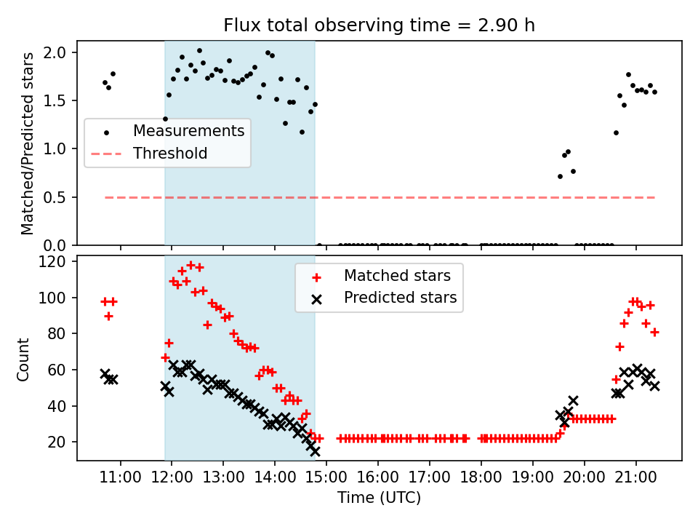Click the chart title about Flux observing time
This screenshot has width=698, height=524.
pyautogui.click(x=379, y=25)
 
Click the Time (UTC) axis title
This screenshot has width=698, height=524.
pyautogui.click(x=379, y=499)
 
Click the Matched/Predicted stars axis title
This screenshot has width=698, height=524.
pyautogui.click(x=28, y=143)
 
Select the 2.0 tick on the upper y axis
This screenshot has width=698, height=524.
pyautogui.click(x=60, y=52)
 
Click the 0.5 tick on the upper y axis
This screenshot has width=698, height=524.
pyautogui.click(x=60, y=197)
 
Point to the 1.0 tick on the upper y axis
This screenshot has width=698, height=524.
pyautogui.click(x=60, y=149)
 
